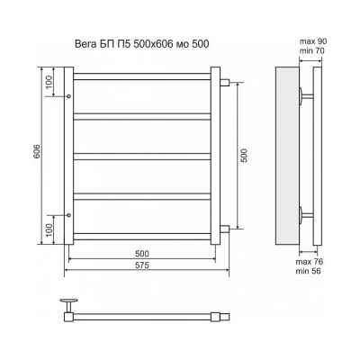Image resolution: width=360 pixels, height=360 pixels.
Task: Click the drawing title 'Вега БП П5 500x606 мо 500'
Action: point(141,44)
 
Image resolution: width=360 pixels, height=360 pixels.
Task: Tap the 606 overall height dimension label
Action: point(37,152)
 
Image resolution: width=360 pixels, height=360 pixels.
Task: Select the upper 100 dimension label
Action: point(49,81)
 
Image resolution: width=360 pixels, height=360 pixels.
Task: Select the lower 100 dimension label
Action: point(49,230)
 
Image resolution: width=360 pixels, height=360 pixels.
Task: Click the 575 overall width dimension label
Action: point(141,265)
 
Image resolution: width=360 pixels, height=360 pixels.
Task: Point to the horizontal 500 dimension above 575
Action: point(141,254)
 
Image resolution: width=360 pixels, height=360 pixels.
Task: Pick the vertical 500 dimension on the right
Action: point(244,156)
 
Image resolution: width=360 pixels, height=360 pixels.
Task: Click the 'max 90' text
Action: point(313,41)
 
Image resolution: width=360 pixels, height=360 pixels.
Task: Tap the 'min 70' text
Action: point(312,51)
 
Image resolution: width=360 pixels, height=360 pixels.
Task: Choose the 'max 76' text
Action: point(310,262)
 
